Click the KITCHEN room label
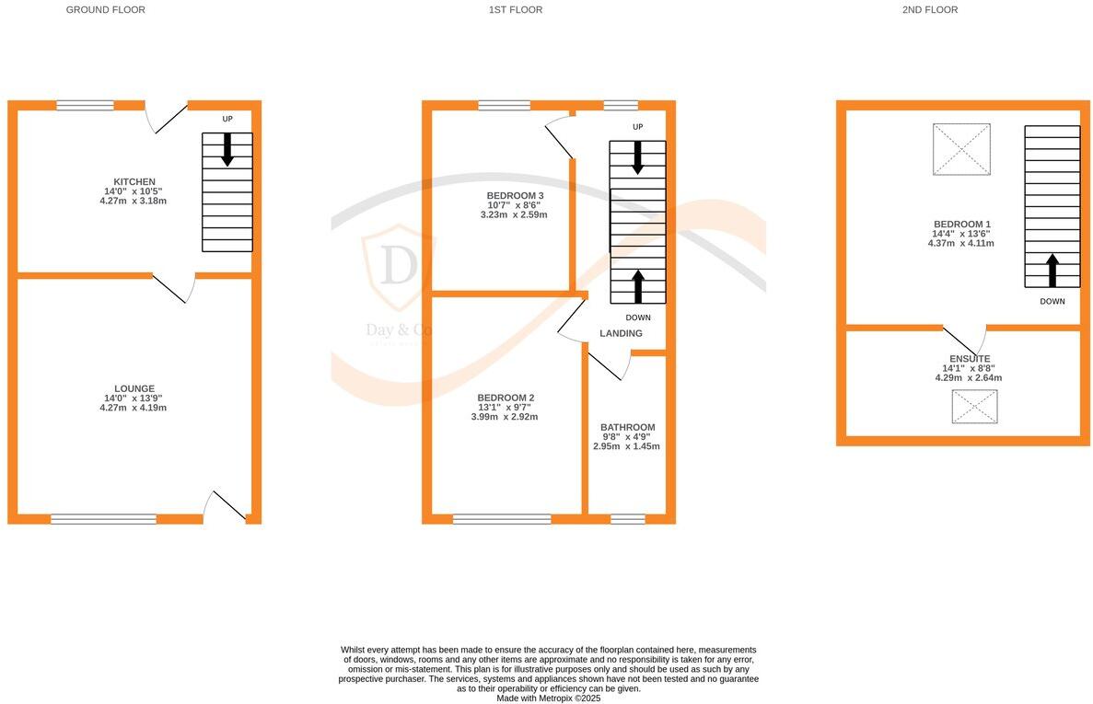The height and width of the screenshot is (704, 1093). point(134,181)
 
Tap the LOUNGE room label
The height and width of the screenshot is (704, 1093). point(134,388)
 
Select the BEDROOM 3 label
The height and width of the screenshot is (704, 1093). point(515,196)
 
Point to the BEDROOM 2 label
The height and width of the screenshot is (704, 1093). point(506,398)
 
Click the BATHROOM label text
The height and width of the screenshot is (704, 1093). point(627,427)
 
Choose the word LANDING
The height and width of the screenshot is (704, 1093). point(621,333)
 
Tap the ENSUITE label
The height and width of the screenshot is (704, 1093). point(970,359)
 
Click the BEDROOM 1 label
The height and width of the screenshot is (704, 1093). point(962,225)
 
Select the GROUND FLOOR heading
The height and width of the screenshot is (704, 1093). point(106,10)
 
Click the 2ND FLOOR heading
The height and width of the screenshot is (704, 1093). point(930,10)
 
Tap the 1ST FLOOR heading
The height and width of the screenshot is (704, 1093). point(516,10)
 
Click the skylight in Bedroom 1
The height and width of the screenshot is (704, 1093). point(961,149)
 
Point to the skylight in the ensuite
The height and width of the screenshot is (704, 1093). point(974,407)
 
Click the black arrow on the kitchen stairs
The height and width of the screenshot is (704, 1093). point(227,150)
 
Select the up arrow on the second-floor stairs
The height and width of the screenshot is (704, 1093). point(1052,271)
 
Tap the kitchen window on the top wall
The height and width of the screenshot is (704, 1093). point(85,106)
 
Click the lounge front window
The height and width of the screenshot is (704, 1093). point(103,519)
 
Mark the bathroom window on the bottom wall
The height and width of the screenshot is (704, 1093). point(628,519)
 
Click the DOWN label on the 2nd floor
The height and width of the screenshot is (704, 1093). point(1052,301)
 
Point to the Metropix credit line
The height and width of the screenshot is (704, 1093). point(548,698)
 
